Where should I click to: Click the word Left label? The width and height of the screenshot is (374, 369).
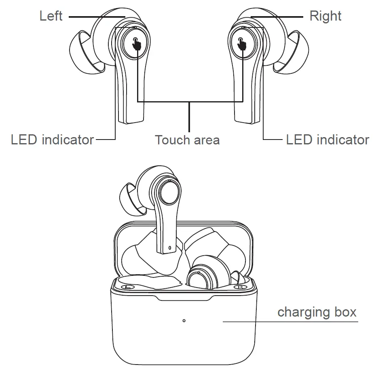coord(51,16)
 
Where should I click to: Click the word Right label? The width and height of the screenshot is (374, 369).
coord(325,16)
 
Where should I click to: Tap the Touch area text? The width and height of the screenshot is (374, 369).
coord(187,140)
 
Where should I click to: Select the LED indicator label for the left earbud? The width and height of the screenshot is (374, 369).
coord(52,140)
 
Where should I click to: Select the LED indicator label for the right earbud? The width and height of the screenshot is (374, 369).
coord(328,140)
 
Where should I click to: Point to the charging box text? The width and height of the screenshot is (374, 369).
coord(317,312)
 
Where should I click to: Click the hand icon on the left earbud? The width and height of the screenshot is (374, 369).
coord(137,43)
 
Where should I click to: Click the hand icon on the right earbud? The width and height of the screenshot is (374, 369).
coord(242,43)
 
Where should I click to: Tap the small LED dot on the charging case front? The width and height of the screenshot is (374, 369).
coord(184,321)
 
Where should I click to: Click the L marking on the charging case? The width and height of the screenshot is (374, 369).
coord(128,287)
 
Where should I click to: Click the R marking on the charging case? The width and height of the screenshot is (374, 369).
coord(240,287)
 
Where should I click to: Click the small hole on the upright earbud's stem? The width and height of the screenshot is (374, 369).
coord(170,247)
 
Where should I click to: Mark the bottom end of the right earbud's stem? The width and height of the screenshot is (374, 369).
coord(247,119)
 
